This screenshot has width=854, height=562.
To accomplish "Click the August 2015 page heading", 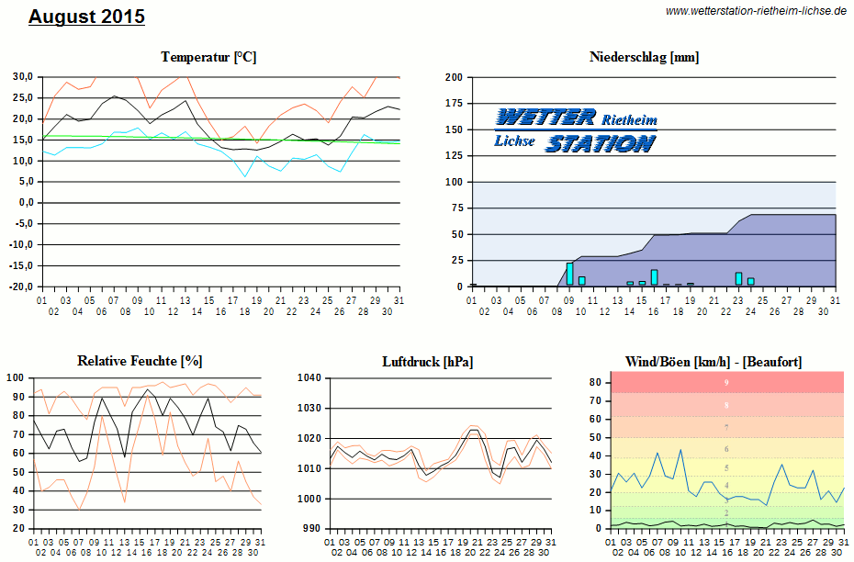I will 86,17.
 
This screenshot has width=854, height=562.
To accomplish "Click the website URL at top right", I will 755,11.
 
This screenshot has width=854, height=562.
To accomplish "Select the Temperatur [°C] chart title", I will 208,57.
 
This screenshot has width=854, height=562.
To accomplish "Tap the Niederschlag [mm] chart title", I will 644,57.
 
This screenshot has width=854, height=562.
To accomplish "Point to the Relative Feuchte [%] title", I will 140,361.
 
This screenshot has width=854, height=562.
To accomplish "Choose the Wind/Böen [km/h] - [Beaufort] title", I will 713,361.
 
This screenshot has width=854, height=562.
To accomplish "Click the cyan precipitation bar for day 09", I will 569,275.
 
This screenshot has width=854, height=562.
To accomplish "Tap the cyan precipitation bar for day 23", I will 738,279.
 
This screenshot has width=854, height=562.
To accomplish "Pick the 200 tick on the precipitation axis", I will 453,77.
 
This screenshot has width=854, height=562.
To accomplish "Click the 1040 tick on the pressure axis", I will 310,377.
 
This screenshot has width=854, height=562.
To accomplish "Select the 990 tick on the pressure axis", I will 313,529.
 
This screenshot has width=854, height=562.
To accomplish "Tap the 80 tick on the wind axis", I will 595,382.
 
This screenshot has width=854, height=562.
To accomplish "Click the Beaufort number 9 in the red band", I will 726,382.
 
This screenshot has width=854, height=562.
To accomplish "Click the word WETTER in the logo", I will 546,118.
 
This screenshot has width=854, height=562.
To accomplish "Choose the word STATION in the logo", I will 601,143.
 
